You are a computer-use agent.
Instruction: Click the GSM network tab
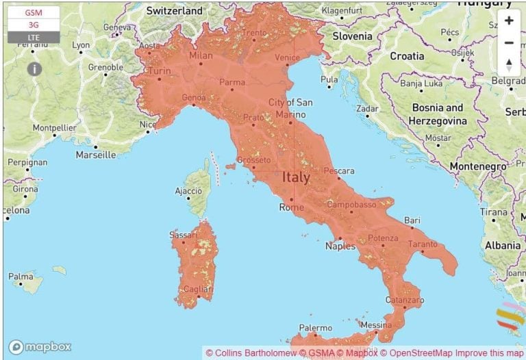(x=34, y=13)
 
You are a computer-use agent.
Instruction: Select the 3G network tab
(x=34, y=25)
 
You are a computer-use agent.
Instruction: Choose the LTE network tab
(x=34, y=37)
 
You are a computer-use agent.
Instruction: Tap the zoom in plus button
(x=509, y=21)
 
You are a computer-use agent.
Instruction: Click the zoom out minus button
(x=509, y=43)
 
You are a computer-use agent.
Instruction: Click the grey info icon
(x=34, y=69)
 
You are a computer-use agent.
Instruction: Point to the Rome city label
(x=292, y=207)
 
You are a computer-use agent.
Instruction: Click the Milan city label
(x=201, y=55)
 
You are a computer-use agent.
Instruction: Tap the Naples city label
(x=340, y=246)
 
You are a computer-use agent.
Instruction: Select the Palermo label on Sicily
(x=315, y=329)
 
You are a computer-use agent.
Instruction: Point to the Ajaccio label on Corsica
(x=188, y=191)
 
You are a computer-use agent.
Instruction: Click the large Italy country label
(x=296, y=177)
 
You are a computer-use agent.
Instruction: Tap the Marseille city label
(x=95, y=155)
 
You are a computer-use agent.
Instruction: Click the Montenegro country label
(x=479, y=166)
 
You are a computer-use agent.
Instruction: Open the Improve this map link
(x=489, y=352)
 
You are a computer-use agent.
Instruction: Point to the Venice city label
(x=287, y=57)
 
